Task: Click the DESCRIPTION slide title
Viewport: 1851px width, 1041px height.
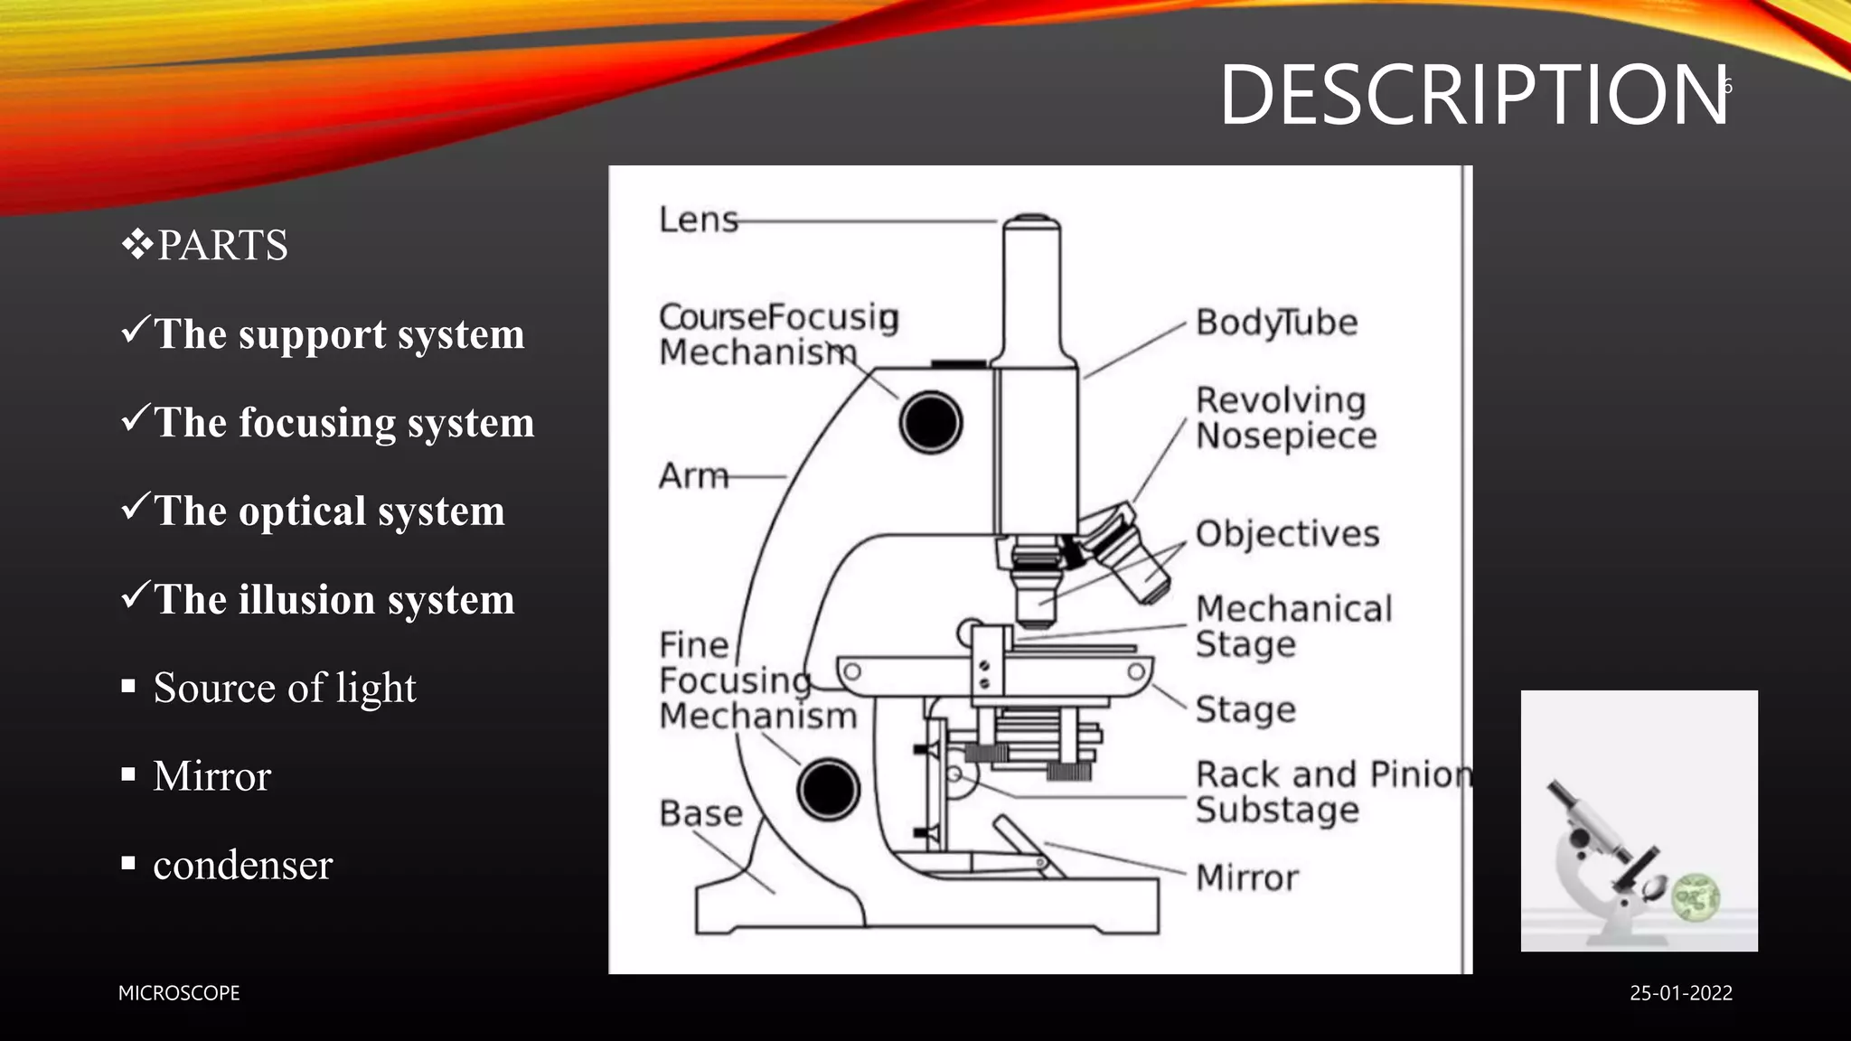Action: (x=1473, y=95)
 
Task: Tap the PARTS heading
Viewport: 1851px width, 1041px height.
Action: (x=221, y=245)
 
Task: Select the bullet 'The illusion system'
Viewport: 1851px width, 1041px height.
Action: (x=334, y=599)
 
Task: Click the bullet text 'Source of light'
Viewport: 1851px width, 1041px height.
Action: (x=284, y=688)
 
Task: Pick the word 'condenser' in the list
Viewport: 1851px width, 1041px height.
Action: (x=242, y=865)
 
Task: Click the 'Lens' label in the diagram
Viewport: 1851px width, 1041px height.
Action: (x=698, y=220)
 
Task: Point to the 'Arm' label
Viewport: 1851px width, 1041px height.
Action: (x=693, y=475)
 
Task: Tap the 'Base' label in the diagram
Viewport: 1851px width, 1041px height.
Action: (x=700, y=813)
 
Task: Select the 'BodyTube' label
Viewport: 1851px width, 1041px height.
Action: (x=1275, y=323)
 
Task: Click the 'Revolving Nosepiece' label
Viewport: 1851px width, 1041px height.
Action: (x=1284, y=417)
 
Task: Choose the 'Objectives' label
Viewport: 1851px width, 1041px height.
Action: (x=1286, y=533)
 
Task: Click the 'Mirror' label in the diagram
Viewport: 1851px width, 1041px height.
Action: (x=1246, y=877)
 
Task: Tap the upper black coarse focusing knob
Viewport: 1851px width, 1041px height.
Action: (x=930, y=422)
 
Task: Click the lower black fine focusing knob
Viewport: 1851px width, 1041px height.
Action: (x=827, y=789)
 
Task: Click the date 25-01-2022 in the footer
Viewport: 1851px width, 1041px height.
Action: (x=1680, y=993)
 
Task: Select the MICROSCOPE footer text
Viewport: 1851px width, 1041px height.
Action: (x=179, y=993)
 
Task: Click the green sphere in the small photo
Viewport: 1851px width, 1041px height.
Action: (x=1695, y=897)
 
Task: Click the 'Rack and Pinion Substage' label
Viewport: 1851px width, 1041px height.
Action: (x=1331, y=792)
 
